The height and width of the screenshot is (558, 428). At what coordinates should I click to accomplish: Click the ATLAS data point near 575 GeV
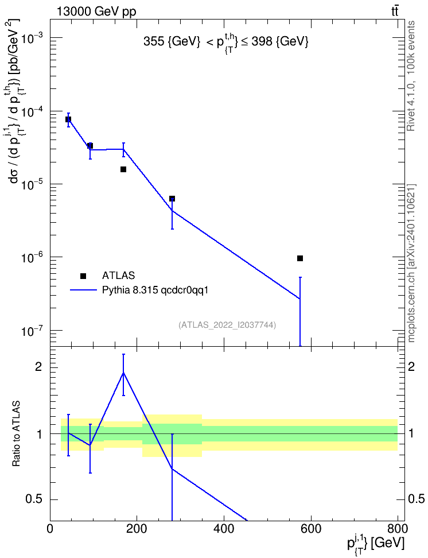[x=300, y=258]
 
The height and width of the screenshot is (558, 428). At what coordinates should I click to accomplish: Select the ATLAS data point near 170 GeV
[x=123, y=169]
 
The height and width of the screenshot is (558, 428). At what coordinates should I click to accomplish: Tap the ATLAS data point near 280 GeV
[x=172, y=198]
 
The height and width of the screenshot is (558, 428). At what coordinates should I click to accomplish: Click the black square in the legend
[x=83, y=276]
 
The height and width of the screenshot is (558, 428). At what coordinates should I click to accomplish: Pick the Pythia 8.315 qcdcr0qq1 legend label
[x=155, y=290]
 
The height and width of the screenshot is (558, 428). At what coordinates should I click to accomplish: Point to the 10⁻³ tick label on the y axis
[x=32, y=38]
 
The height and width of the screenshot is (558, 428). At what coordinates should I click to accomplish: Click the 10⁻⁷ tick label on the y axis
[x=32, y=331]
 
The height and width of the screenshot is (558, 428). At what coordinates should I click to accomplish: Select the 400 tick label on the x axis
[x=224, y=529]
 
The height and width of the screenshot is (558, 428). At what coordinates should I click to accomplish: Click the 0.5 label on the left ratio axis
[x=34, y=499]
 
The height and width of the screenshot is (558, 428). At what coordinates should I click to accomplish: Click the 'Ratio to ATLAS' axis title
[x=17, y=434]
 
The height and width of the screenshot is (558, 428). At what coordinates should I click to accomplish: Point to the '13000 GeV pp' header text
[x=96, y=12]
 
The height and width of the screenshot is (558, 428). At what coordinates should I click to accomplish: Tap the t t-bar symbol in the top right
[x=395, y=11]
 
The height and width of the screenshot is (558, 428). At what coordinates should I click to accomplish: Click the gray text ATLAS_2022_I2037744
[x=227, y=324]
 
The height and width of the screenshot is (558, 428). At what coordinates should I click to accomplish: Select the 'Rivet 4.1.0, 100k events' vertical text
[x=411, y=76]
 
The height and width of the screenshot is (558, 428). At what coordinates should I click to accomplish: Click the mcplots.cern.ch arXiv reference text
[x=411, y=263]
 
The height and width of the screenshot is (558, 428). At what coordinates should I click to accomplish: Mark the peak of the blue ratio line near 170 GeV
[x=123, y=373]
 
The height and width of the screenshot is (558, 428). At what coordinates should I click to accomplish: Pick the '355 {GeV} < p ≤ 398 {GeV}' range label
[x=226, y=42]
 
